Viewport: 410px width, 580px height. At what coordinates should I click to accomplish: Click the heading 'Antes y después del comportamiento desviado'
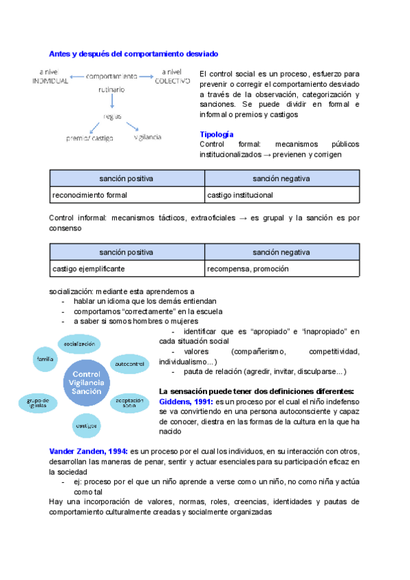134,53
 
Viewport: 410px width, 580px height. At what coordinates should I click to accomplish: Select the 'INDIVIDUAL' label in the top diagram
50,81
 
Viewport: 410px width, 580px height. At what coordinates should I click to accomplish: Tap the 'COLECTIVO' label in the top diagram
172,81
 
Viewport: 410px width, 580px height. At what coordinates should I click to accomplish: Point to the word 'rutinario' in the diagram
111,90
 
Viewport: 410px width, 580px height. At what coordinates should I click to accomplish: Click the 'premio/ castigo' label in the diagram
90,137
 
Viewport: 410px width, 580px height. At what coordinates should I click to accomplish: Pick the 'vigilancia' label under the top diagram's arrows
148,137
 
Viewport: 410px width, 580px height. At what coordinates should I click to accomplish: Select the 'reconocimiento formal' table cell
90,195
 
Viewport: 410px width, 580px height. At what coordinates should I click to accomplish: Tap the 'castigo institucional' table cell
240,195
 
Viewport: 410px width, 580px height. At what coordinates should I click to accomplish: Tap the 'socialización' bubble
79,342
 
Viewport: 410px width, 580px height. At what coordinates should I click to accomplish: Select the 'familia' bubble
46,358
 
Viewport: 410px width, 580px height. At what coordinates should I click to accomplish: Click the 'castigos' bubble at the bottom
87,425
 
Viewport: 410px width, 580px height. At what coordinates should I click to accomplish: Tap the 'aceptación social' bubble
129,403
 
